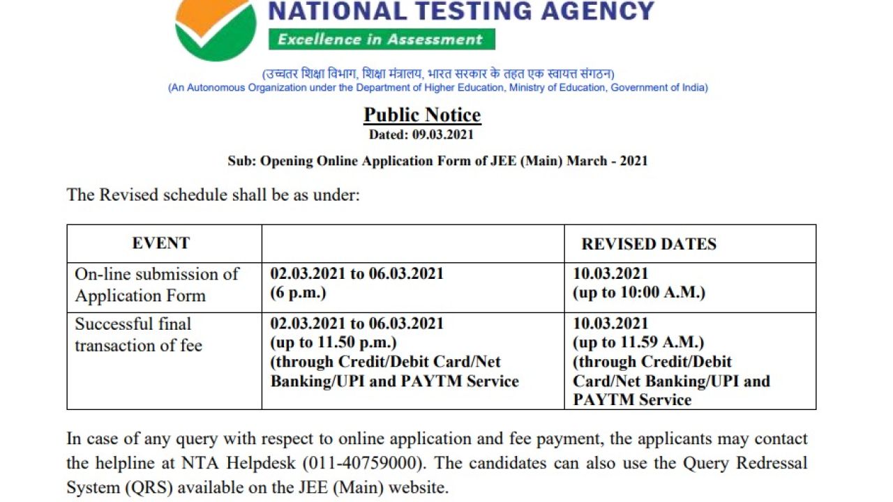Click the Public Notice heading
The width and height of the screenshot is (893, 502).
point(422,114)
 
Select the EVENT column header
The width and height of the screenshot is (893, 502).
point(161,243)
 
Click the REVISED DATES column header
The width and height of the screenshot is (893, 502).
point(649,244)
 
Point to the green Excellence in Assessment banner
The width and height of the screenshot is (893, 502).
point(381,39)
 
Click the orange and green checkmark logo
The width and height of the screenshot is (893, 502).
point(216,28)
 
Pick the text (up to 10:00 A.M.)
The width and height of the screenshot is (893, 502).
point(639,292)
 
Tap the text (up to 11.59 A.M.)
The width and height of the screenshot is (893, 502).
point(638,342)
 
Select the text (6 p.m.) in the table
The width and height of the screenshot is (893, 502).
point(298,292)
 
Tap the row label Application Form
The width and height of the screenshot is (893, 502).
point(140,296)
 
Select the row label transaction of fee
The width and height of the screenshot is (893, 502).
point(138,346)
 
